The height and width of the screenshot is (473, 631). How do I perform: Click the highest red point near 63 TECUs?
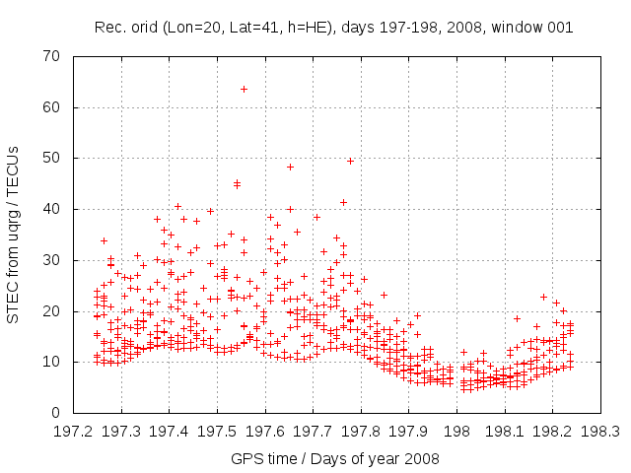click(244, 89)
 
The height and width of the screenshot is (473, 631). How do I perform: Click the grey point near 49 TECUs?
click(350, 161)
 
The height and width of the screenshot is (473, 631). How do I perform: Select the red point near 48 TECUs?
click(290, 167)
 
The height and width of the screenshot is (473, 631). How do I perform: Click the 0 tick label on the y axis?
click(60, 413)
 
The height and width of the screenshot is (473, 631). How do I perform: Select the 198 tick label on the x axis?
click(456, 432)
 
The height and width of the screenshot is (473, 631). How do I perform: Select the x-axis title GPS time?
click(267, 458)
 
